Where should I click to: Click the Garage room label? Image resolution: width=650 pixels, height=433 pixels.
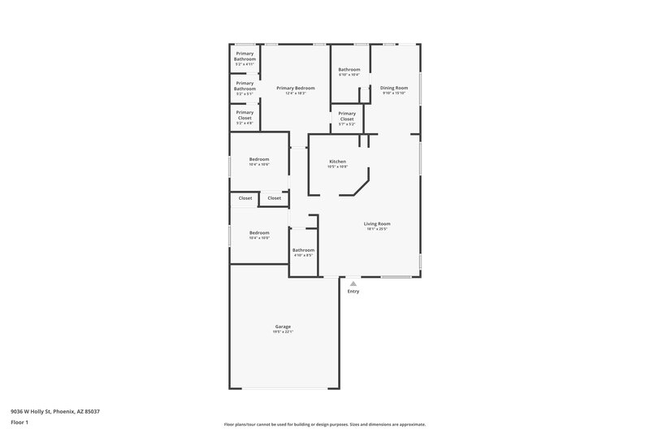282,327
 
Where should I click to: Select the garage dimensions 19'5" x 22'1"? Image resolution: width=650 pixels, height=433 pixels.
282,332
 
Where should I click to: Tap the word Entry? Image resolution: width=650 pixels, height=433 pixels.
353,291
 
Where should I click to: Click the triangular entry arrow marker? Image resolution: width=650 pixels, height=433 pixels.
353,284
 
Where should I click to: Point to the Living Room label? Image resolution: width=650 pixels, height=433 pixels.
377,223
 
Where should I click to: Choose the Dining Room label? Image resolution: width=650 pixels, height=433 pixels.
394,88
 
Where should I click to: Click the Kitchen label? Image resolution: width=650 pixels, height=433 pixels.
337,162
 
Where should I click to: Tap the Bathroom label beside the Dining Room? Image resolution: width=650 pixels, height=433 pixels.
349,70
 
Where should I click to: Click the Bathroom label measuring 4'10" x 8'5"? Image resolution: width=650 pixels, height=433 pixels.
303,250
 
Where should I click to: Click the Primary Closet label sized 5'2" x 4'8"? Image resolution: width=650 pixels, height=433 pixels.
245,116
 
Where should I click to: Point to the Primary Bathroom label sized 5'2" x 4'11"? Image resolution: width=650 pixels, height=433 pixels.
245,57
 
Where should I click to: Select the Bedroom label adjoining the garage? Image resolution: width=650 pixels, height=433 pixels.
259,232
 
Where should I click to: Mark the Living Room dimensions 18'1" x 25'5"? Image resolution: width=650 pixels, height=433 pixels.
377,229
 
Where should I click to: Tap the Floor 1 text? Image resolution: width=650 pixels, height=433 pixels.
19,423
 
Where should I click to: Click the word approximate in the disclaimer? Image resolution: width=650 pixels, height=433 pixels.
411,424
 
